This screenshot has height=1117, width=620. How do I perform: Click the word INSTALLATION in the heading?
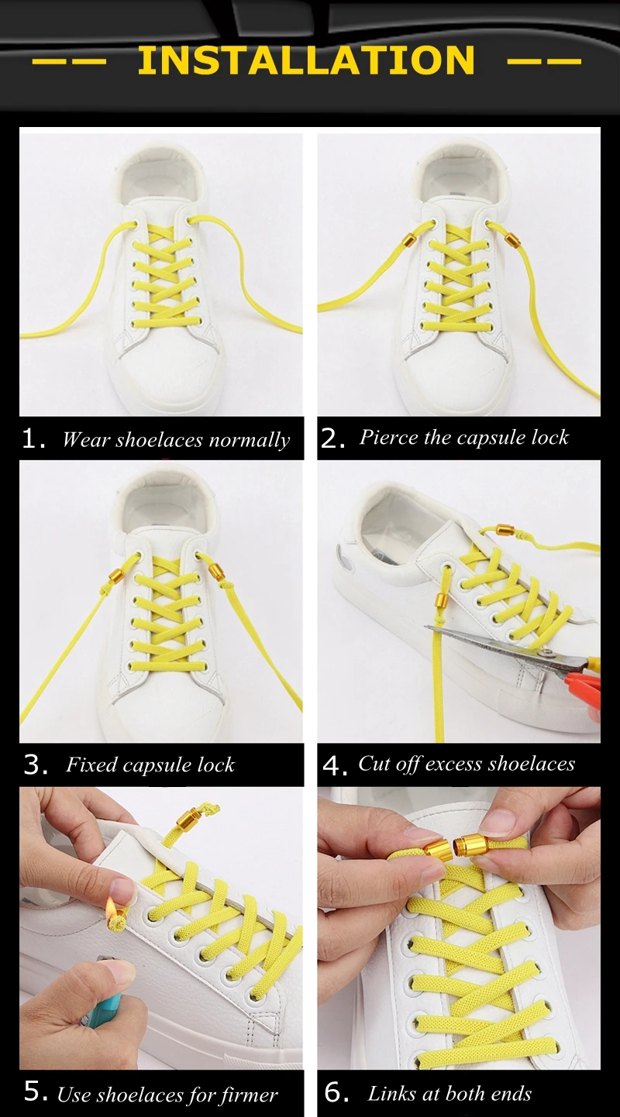click(x=306, y=60)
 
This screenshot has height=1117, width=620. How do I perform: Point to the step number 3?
click(x=36, y=765)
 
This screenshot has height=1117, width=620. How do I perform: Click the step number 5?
click(x=36, y=1091)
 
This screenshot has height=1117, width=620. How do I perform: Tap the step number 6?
click(x=337, y=1092)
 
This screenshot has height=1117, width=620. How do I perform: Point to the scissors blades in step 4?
click(x=496, y=643)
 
